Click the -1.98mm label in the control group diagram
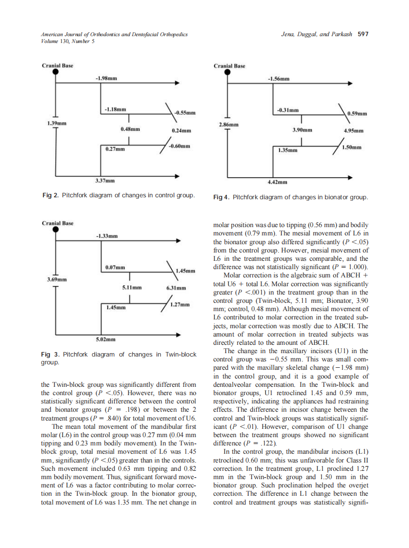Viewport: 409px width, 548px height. [106, 78]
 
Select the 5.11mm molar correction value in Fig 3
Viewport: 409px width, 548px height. [131, 288]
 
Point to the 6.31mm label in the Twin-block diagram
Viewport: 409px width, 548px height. [176, 288]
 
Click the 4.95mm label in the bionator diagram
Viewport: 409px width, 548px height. [353, 131]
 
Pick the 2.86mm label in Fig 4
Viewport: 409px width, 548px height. [229, 125]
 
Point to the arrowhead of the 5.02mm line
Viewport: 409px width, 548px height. [179, 335]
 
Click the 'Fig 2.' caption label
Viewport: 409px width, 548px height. [51, 195]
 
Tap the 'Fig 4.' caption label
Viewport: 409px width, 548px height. [222, 197]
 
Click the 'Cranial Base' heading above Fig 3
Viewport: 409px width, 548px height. [58, 223]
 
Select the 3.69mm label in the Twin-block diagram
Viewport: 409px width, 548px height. [57, 279]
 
